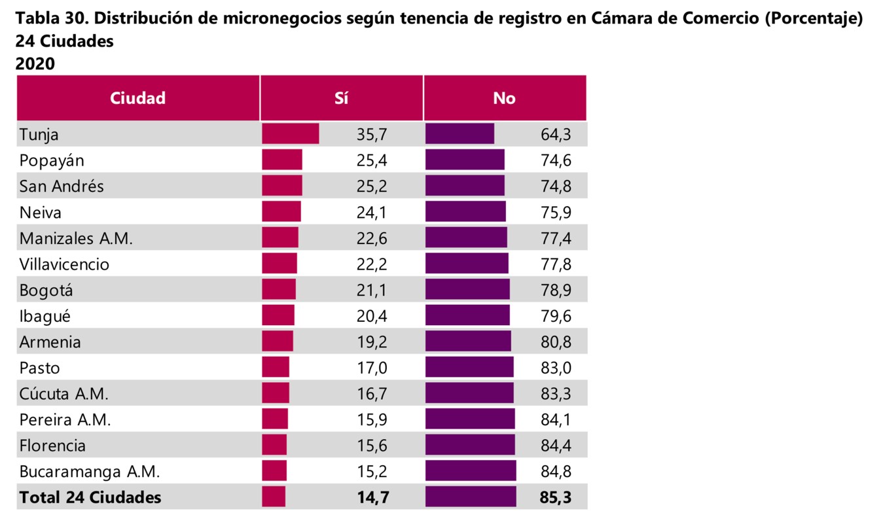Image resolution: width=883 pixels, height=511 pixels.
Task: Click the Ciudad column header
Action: (137, 98)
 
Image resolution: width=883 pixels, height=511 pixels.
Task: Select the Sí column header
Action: (341, 98)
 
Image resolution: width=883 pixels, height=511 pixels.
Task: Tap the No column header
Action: (504, 98)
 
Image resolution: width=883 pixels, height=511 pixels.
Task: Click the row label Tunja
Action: (39, 134)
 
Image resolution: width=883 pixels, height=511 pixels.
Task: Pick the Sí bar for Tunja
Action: (291, 133)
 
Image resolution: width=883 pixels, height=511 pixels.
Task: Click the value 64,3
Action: (556, 134)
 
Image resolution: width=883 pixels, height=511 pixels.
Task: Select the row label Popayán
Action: (52, 160)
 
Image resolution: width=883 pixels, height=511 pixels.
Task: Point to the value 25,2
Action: (372, 186)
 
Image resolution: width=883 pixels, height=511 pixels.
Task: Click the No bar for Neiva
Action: (465, 211)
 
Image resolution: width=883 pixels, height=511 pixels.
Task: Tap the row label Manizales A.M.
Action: (76, 238)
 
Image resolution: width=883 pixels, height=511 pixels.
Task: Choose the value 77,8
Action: (556, 264)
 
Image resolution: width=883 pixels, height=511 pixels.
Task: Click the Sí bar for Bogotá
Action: (279, 289)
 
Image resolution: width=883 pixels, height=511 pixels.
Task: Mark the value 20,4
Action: (372, 316)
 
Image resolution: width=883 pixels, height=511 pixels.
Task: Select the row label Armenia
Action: (50, 342)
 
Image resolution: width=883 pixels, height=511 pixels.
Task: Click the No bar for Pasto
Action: (469, 367)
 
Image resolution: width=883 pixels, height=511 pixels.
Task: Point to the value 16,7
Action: (372, 394)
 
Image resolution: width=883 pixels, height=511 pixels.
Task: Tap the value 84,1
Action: (556, 419)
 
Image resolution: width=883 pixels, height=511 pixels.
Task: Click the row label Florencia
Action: (52, 446)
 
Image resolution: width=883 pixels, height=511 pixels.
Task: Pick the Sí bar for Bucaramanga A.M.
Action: (274, 471)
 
